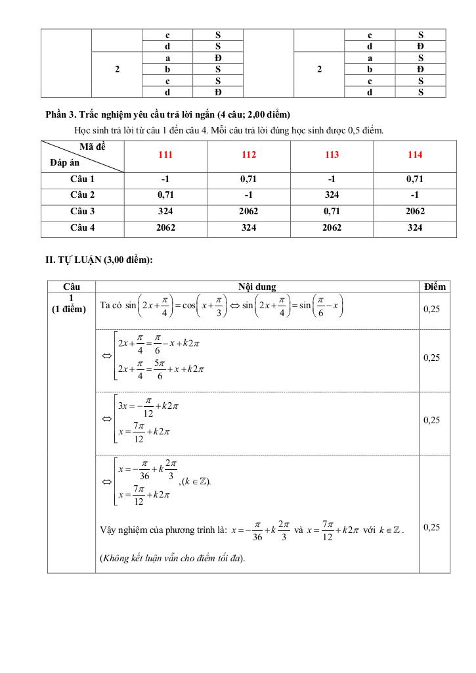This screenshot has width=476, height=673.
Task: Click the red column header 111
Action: click(x=165, y=155)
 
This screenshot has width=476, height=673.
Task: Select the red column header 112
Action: click(x=249, y=155)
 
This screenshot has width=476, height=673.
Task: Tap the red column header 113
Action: click(x=332, y=155)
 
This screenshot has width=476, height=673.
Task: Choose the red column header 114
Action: click(x=415, y=155)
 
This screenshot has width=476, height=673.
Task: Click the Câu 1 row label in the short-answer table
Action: click(x=83, y=179)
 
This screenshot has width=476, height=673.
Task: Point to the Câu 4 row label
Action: click(x=83, y=227)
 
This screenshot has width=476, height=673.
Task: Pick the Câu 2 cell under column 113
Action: click(x=332, y=195)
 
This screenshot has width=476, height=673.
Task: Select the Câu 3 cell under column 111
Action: click(x=165, y=212)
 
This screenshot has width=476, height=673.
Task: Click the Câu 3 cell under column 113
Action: click(x=332, y=212)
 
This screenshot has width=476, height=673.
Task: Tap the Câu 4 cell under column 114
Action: click(x=415, y=227)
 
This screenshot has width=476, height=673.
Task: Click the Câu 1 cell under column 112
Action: click(x=249, y=179)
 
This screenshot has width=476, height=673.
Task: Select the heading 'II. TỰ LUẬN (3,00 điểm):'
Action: click(x=99, y=260)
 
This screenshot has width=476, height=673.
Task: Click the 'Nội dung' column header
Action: click(x=257, y=287)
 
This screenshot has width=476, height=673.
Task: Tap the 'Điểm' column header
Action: click(x=435, y=287)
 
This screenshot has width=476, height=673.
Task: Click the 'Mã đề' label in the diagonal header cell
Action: click(x=92, y=147)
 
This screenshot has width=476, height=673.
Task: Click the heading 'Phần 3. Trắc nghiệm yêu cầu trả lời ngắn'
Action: click(x=168, y=115)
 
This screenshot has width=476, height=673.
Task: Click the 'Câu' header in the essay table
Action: click(x=71, y=287)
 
